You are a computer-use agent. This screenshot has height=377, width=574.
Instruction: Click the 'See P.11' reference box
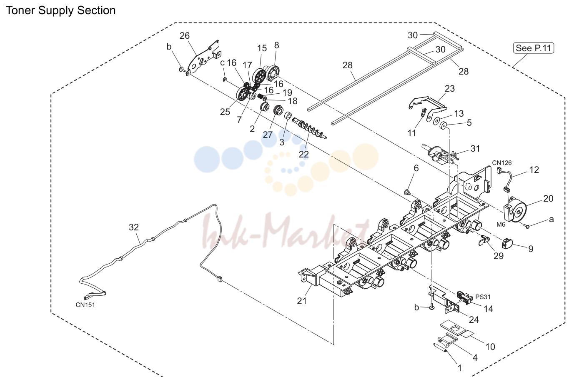(533, 48)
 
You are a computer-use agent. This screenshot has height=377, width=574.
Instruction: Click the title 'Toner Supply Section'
(61, 10)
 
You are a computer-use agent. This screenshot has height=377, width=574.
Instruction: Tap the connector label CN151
(85, 305)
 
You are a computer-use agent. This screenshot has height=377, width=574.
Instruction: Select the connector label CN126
(502, 162)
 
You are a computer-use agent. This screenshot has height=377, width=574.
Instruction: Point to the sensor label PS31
(483, 297)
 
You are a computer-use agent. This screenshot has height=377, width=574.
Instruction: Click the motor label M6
(501, 225)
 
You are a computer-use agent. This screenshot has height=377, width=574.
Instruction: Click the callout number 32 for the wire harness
(133, 227)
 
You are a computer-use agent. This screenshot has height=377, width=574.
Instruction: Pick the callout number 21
(302, 301)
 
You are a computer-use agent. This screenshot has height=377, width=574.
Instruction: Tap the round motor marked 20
(516, 212)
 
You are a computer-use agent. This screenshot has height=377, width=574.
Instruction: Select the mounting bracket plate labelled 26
(203, 57)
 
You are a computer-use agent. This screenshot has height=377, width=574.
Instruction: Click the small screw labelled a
(527, 226)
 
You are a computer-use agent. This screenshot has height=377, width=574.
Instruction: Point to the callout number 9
(531, 249)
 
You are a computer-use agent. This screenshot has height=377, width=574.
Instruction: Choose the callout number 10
(490, 347)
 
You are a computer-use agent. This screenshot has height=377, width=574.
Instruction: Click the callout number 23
(450, 89)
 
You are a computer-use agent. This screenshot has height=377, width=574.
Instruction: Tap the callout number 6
(416, 168)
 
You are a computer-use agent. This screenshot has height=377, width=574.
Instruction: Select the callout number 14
(489, 309)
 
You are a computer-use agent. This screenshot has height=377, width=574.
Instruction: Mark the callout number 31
(475, 149)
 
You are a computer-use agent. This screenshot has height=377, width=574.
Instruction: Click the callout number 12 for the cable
(534, 170)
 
